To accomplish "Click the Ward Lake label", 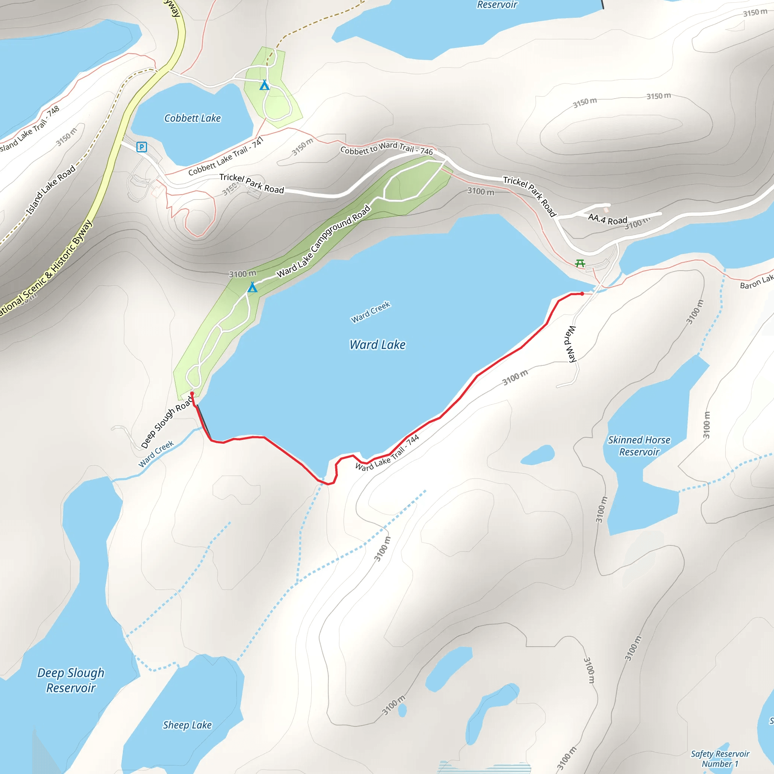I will click(x=378, y=345).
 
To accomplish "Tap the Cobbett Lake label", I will click(x=192, y=118).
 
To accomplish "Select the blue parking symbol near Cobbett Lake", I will click(x=141, y=147).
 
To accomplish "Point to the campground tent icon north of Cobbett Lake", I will click(x=265, y=85).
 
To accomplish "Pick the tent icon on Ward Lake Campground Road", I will click(x=252, y=287).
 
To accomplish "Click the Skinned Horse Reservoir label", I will click(x=639, y=446).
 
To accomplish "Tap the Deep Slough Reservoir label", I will click(x=71, y=680).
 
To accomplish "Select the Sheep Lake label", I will click(x=187, y=725).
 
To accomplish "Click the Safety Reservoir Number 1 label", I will click(x=720, y=759).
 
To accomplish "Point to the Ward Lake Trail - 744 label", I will click(x=387, y=453).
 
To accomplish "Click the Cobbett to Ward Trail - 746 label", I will click(x=386, y=148).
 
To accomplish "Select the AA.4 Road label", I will click(x=607, y=219).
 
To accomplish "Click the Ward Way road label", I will click(x=570, y=344).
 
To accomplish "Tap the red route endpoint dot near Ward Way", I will click(x=582, y=294).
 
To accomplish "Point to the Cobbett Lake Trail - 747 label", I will click(x=226, y=155).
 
